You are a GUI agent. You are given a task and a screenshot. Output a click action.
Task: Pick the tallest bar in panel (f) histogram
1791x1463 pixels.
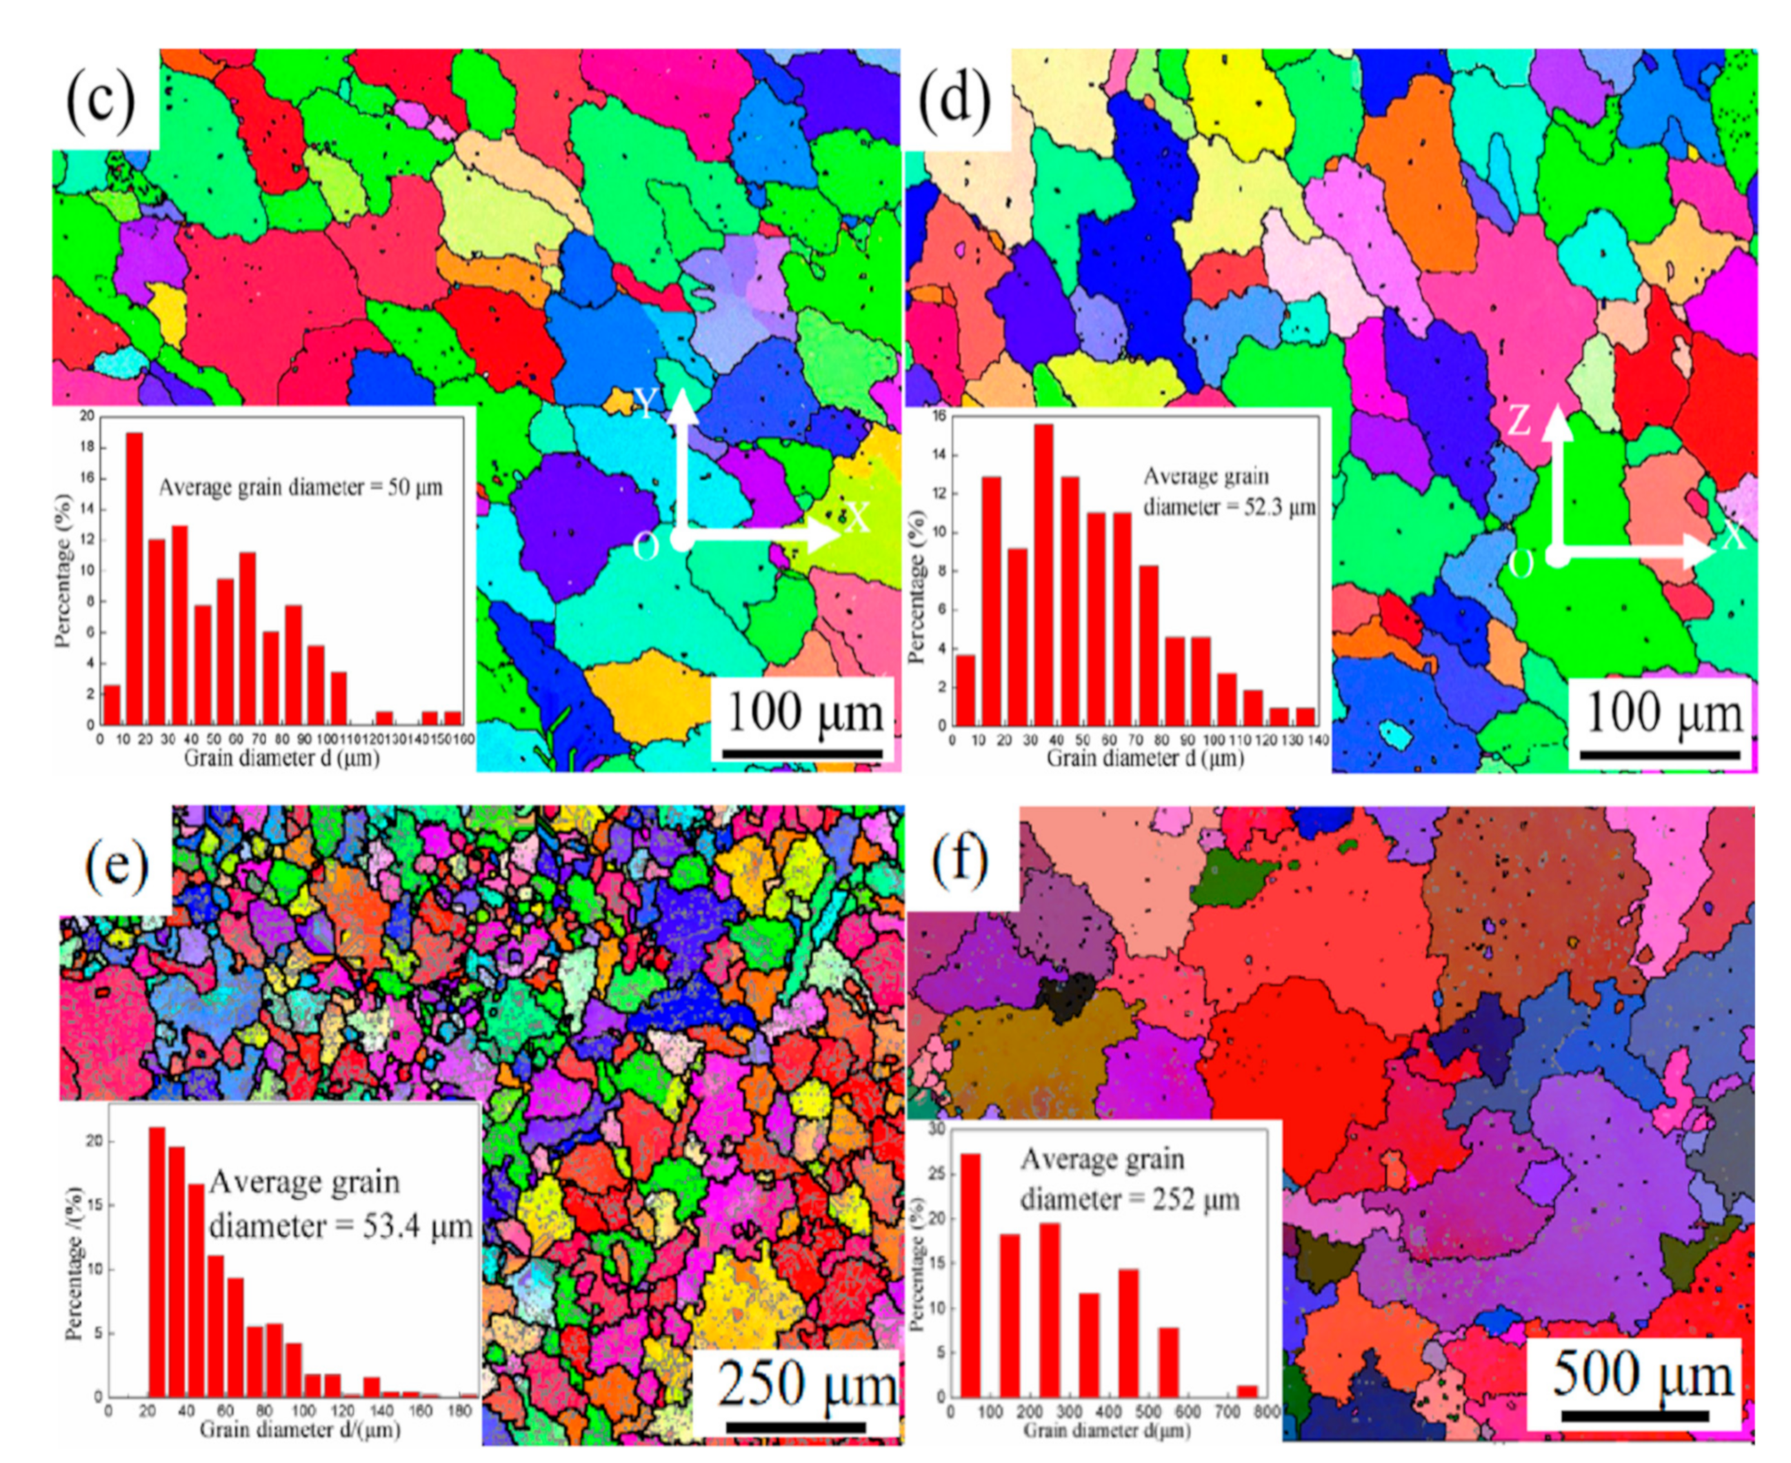(x=971, y=1277)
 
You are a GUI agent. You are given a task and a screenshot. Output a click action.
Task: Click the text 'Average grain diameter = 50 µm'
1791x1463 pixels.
(x=300, y=487)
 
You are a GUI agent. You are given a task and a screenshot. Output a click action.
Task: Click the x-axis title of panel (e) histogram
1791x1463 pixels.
(x=299, y=1429)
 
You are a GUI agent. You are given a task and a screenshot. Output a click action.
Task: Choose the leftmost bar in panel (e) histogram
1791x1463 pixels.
(x=157, y=1261)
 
